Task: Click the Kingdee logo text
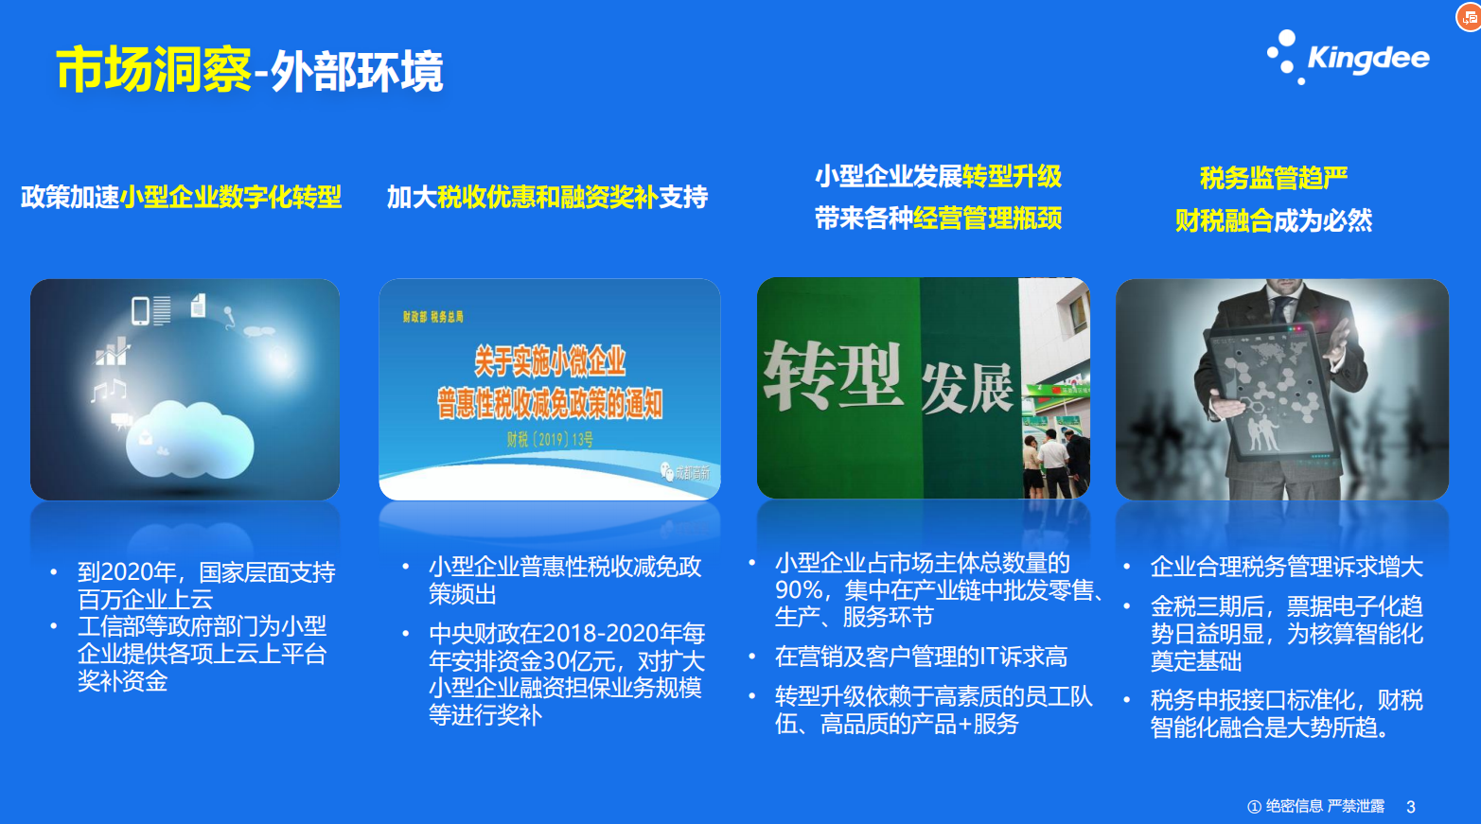click(1368, 58)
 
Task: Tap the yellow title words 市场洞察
click(153, 69)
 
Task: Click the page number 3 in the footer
click(1410, 807)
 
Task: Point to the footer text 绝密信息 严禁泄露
click(1325, 806)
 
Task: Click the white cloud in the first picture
click(189, 439)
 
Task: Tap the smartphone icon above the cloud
click(140, 310)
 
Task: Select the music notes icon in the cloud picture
click(109, 390)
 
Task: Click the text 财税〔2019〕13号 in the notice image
click(550, 439)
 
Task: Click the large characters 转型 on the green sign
click(833, 375)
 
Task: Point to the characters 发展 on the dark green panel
click(966, 388)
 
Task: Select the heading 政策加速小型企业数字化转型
click(181, 197)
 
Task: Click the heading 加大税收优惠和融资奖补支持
click(547, 197)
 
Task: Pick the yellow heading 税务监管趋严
click(1274, 178)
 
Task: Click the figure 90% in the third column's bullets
click(798, 589)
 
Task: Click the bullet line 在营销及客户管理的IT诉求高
click(921, 657)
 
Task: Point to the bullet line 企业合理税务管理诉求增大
click(1286, 567)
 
